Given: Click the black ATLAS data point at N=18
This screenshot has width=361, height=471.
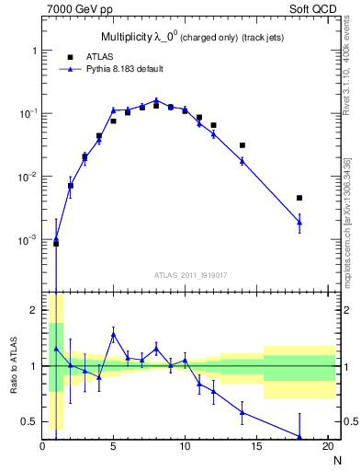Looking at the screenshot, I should pyautogui.click(x=299, y=198).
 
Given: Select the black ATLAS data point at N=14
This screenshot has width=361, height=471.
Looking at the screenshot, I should pyautogui.click(x=243, y=145).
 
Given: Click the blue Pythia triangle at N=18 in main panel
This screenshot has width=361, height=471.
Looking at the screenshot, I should pyautogui.click(x=299, y=222).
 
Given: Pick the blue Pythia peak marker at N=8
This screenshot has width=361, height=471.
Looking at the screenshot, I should pyautogui.click(x=156, y=100).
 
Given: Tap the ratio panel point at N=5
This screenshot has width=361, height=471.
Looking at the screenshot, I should pyautogui.click(x=113, y=335).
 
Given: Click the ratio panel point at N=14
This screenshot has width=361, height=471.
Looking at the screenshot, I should pyautogui.click(x=243, y=411).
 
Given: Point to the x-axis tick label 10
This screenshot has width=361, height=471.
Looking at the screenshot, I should pyautogui.click(x=185, y=446).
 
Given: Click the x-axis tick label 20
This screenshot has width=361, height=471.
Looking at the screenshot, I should pyautogui.click(x=327, y=446).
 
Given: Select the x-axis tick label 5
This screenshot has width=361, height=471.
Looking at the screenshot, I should pyautogui.click(x=113, y=446).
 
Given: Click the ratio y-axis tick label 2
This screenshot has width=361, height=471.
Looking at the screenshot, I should pyautogui.click(x=31, y=310).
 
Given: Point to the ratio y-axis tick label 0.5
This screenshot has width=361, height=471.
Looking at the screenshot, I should pyautogui.click(x=28, y=421).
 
